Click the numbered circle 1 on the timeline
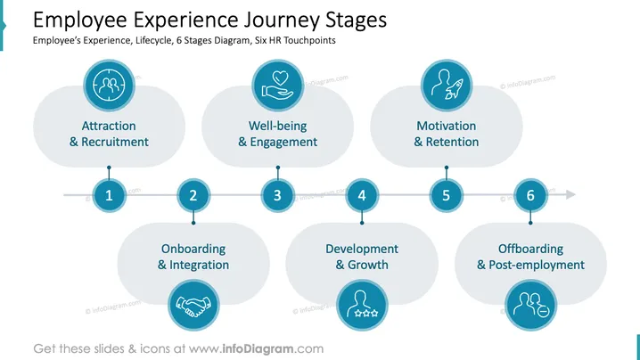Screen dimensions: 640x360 (109, 195)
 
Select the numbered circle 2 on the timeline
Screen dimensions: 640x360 (193, 195)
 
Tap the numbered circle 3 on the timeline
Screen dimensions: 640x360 (277, 195)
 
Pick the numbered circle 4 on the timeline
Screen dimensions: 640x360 (362, 195)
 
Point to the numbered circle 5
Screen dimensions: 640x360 (446, 195)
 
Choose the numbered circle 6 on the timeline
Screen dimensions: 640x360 (530, 195)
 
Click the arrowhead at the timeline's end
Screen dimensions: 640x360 (570, 194)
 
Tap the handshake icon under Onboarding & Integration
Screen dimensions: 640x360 (193, 305)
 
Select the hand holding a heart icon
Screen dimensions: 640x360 (277, 86)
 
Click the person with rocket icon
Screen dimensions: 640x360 (447, 86)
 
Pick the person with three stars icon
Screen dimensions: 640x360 (362, 304)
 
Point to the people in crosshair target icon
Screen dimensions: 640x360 (109, 86)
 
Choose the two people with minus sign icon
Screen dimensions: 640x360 (531, 305)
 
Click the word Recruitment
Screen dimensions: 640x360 (115, 142)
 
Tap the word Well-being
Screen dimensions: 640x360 (277, 126)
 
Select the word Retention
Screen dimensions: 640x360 (452, 142)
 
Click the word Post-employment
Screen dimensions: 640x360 (537, 265)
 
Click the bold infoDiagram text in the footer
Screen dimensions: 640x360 (258, 349)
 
